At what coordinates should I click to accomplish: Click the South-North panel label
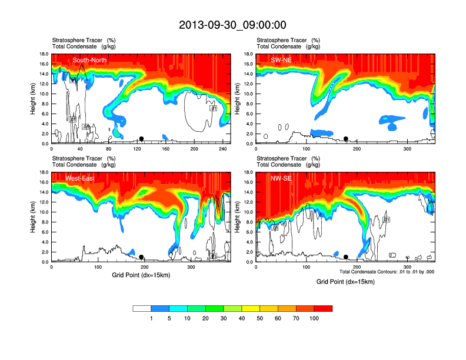[x=89, y=60]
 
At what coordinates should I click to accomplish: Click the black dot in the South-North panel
[x=141, y=139]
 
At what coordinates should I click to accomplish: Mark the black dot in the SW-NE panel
[x=346, y=139]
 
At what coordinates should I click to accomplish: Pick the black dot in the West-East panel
[x=141, y=257]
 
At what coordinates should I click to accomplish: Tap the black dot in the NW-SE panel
[x=346, y=257]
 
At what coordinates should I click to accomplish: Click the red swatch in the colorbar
[x=323, y=308]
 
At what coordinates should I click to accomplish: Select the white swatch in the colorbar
[x=142, y=308]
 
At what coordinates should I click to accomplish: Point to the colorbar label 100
[x=314, y=318]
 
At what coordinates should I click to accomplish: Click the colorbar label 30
[x=224, y=318]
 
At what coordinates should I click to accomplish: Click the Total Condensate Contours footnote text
[x=387, y=272]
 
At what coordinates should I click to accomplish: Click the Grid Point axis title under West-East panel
[x=141, y=274]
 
